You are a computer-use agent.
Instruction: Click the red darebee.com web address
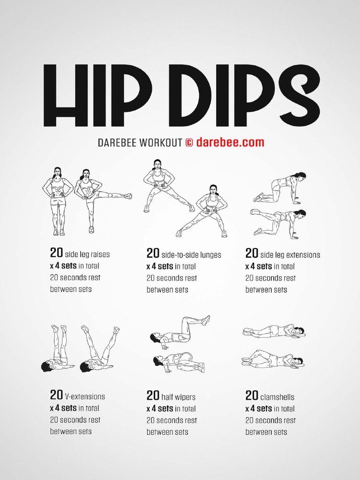[x=230, y=142]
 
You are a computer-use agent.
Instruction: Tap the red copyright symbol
[x=189, y=142]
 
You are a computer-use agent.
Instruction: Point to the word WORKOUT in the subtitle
[x=160, y=143]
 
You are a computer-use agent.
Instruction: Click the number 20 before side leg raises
[x=56, y=253]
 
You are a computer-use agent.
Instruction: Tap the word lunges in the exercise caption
[x=210, y=255]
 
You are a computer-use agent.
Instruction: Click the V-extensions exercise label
[x=85, y=397]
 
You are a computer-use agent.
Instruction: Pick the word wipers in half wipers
[x=185, y=397]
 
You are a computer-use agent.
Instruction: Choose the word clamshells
[x=277, y=397]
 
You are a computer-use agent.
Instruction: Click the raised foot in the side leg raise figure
[x=128, y=196]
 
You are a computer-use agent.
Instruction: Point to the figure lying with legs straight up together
[x=58, y=348]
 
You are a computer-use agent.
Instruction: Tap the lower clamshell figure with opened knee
[x=273, y=358]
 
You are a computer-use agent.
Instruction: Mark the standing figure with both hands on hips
[x=58, y=201]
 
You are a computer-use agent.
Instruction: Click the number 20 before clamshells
[x=252, y=395]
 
